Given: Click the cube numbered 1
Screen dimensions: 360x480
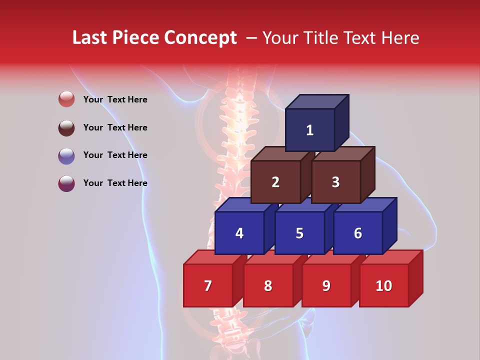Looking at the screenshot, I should (x=310, y=130).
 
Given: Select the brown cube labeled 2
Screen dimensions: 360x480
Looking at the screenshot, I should (x=275, y=182).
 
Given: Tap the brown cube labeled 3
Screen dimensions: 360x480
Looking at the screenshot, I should (x=335, y=182).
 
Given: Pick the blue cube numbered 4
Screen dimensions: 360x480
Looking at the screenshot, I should (x=239, y=233).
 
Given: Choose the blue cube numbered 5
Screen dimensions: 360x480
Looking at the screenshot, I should (x=299, y=233).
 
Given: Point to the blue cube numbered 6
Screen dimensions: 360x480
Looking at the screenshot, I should (x=358, y=233).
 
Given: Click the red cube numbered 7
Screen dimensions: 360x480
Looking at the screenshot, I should (x=208, y=285).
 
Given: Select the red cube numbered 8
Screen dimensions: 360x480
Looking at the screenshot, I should (x=268, y=285).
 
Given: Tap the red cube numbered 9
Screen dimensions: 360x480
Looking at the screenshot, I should (x=326, y=285).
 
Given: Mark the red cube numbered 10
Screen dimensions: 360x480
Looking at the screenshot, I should (x=383, y=285).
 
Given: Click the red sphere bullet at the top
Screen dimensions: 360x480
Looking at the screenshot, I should (x=66, y=99).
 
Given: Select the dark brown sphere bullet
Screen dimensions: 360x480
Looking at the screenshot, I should (x=66, y=127).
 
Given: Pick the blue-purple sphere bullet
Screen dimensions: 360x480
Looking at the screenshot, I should (x=66, y=155).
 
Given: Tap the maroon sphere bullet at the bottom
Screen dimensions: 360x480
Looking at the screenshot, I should (x=66, y=183).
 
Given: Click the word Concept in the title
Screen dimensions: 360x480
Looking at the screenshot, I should (x=200, y=38).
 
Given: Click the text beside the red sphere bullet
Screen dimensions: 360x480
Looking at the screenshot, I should (x=115, y=99).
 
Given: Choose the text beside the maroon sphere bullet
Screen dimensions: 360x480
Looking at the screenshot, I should (x=115, y=183).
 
